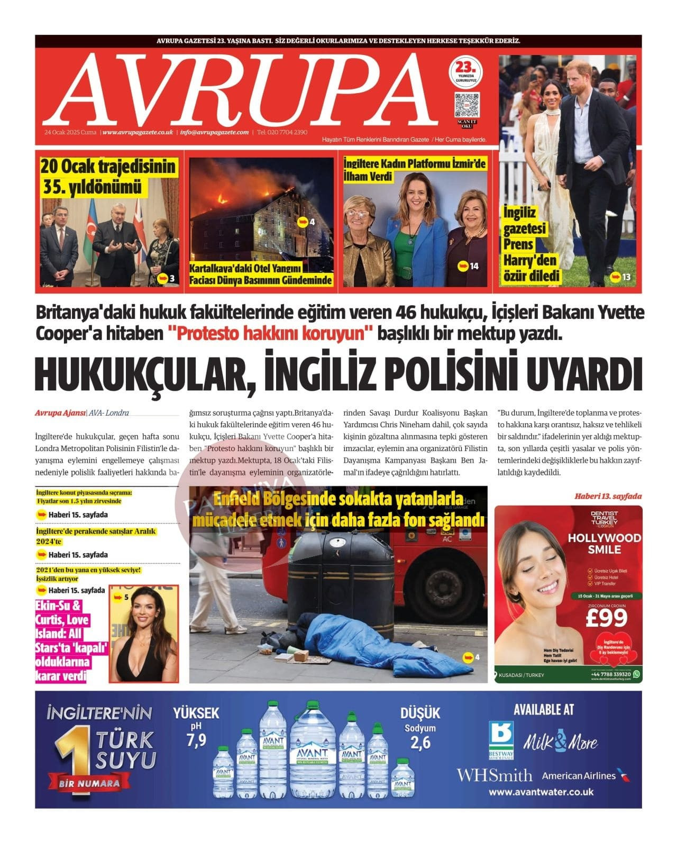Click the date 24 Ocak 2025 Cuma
pos(71,132)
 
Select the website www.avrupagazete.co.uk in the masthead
pos(138,132)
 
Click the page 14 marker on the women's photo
pos(469,266)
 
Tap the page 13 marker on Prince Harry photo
pos(620,277)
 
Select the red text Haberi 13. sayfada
pos(608,496)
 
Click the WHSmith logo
pos(495,775)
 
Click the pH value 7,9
pos(196,740)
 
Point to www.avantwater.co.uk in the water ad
pos(541,792)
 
